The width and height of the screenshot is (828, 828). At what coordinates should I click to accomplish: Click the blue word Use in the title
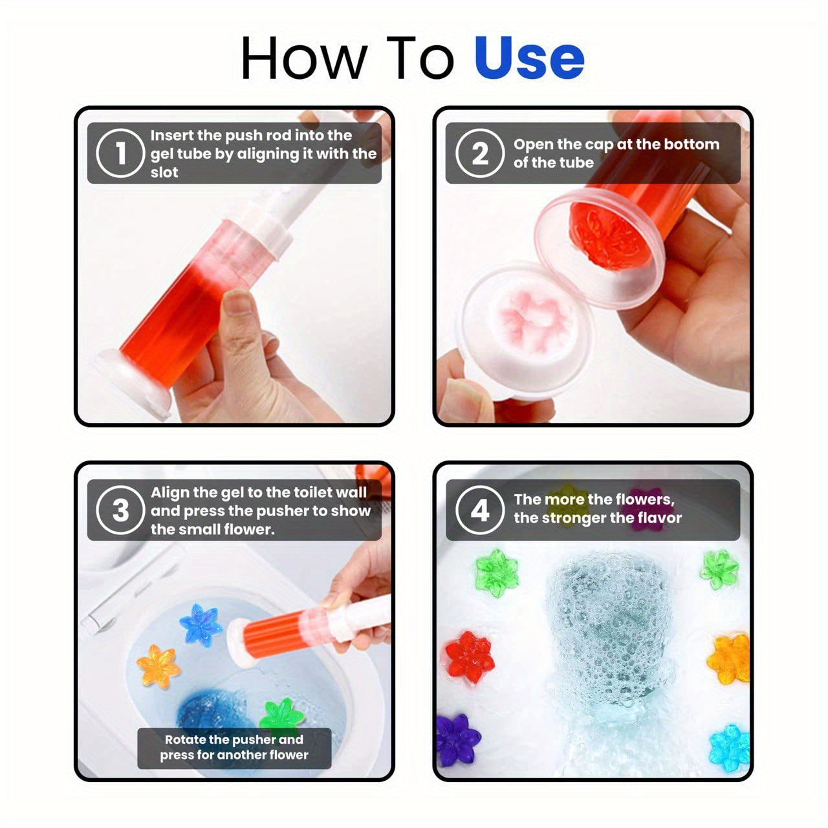pyautogui.click(x=529, y=58)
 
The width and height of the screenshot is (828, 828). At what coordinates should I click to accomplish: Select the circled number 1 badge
pyautogui.click(x=120, y=154)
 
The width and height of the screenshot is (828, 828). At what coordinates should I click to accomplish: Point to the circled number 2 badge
pyautogui.click(x=479, y=154)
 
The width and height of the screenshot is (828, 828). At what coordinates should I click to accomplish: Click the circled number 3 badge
pyautogui.click(x=120, y=510)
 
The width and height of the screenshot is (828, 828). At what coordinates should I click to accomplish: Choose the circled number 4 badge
pyautogui.click(x=479, y=510)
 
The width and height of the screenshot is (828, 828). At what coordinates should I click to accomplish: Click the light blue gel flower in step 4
pyautogui.click(x=729, y=747)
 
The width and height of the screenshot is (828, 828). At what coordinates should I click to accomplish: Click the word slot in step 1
pyautogui.click(x=164, y=173)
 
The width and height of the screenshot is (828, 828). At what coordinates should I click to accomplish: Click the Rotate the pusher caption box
pyautogui.click(x=234, y=748)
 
